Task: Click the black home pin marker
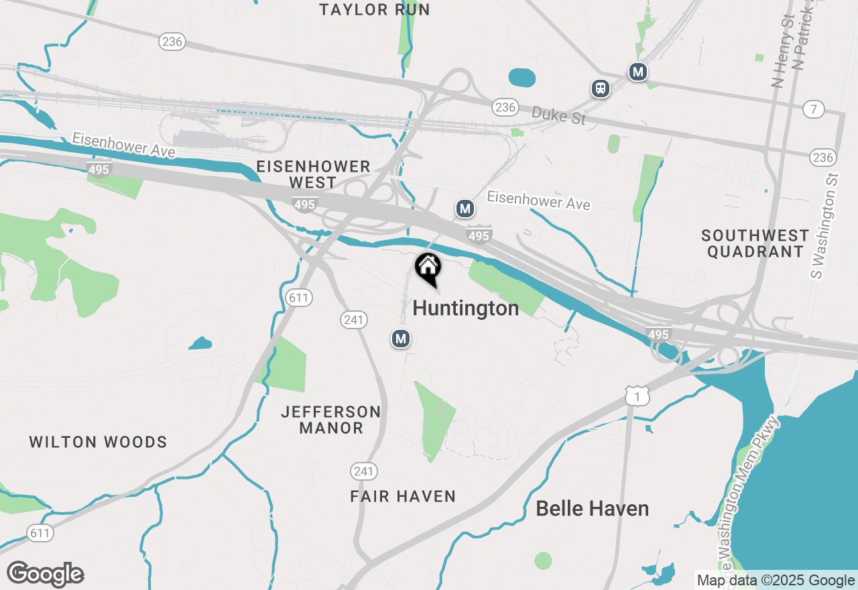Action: click(x=428, y=269)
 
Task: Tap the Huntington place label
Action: click(x=466, y=308)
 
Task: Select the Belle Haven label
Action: click(x=592, y=509)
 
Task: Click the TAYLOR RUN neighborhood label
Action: click(x=375, y=9)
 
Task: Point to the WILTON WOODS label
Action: click(x=98, y=442)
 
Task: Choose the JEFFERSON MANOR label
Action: click(x=331, y=420)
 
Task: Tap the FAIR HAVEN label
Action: click(x=403, y=496)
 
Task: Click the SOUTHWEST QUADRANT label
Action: click(x=755, y=243)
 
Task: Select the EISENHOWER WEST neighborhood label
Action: click(x=313, y=174)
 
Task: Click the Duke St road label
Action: click(x=559, y=116)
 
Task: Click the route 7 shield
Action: click(x=813, y=109)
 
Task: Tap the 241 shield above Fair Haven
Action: click(x=363, y=471)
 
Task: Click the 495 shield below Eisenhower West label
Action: click(x=304, y=204)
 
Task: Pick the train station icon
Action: click(x=601, y=88)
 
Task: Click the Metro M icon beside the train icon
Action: click(x=637, y=71)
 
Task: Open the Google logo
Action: click(x=46, y=574)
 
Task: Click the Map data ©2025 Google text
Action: click(x=776, y=581)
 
